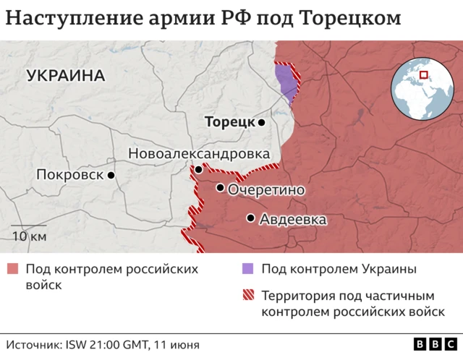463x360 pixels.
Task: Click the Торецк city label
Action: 229,122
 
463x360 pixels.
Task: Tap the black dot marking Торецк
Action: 262,123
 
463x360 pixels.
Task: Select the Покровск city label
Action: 69,175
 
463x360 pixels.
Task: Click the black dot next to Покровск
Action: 111,175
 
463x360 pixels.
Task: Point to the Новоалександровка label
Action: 199,153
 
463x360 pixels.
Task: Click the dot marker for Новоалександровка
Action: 198,169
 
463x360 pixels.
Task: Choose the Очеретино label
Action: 266,189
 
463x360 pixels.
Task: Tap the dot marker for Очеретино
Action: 220,188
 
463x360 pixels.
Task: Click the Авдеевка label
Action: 293,219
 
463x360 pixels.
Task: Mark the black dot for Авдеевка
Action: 250,218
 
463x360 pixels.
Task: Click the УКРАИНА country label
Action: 65,75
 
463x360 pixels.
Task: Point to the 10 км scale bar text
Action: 29,236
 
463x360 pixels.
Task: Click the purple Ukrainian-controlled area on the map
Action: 288,82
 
